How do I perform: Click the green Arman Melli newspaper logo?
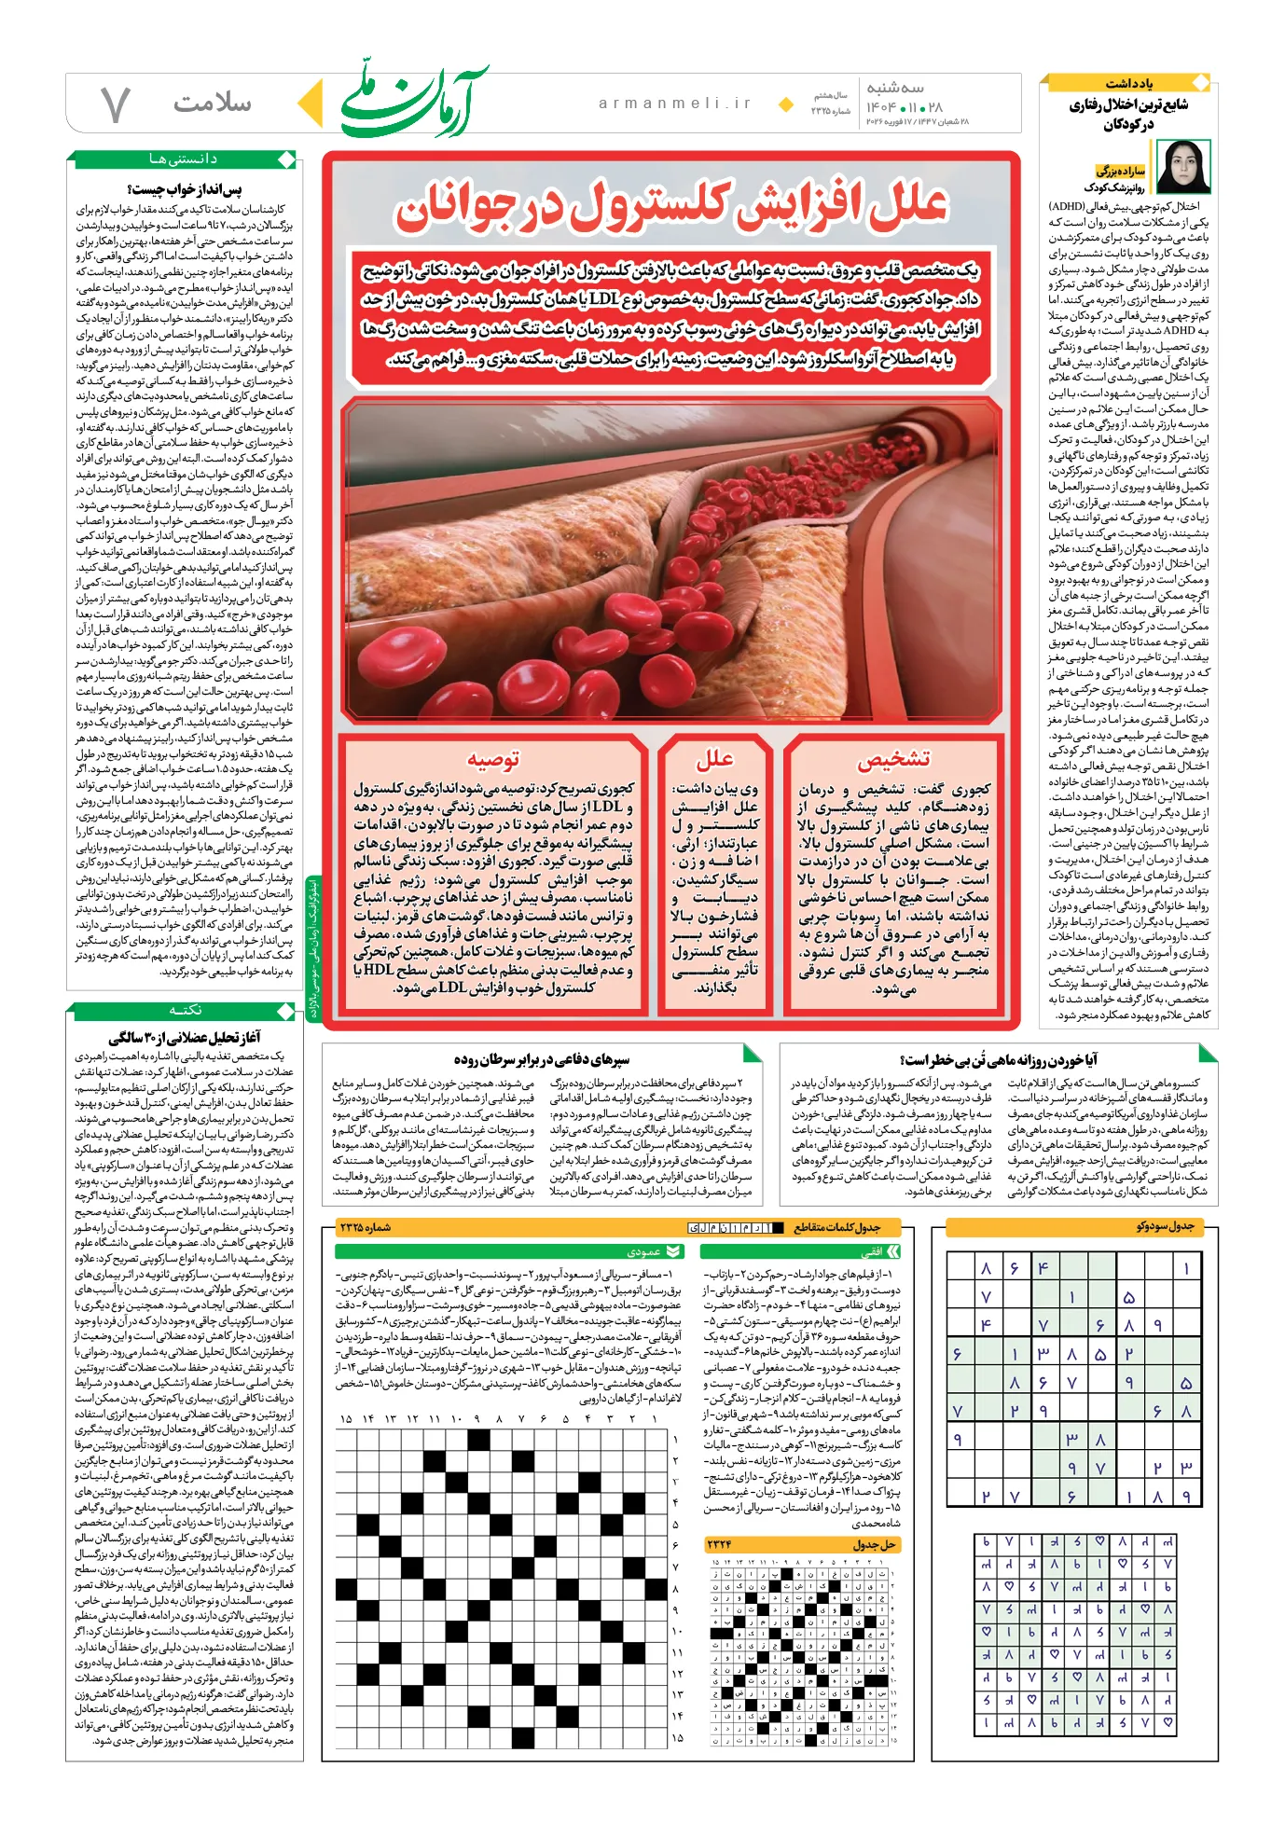pos(411,102)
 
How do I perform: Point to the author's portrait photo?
pos(1182,166)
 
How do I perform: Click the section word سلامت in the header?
pos(211,104)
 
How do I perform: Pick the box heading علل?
pos(714,758)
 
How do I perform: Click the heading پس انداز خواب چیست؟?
pos(184,190)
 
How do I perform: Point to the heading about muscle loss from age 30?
pos(184,1037)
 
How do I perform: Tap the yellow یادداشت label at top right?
pos(1128,84)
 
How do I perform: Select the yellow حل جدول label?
pos(874,1545)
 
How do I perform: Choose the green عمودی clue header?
pos(643,1251)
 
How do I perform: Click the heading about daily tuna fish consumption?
pos(998,1060)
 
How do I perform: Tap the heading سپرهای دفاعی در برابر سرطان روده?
pos(541,1059)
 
